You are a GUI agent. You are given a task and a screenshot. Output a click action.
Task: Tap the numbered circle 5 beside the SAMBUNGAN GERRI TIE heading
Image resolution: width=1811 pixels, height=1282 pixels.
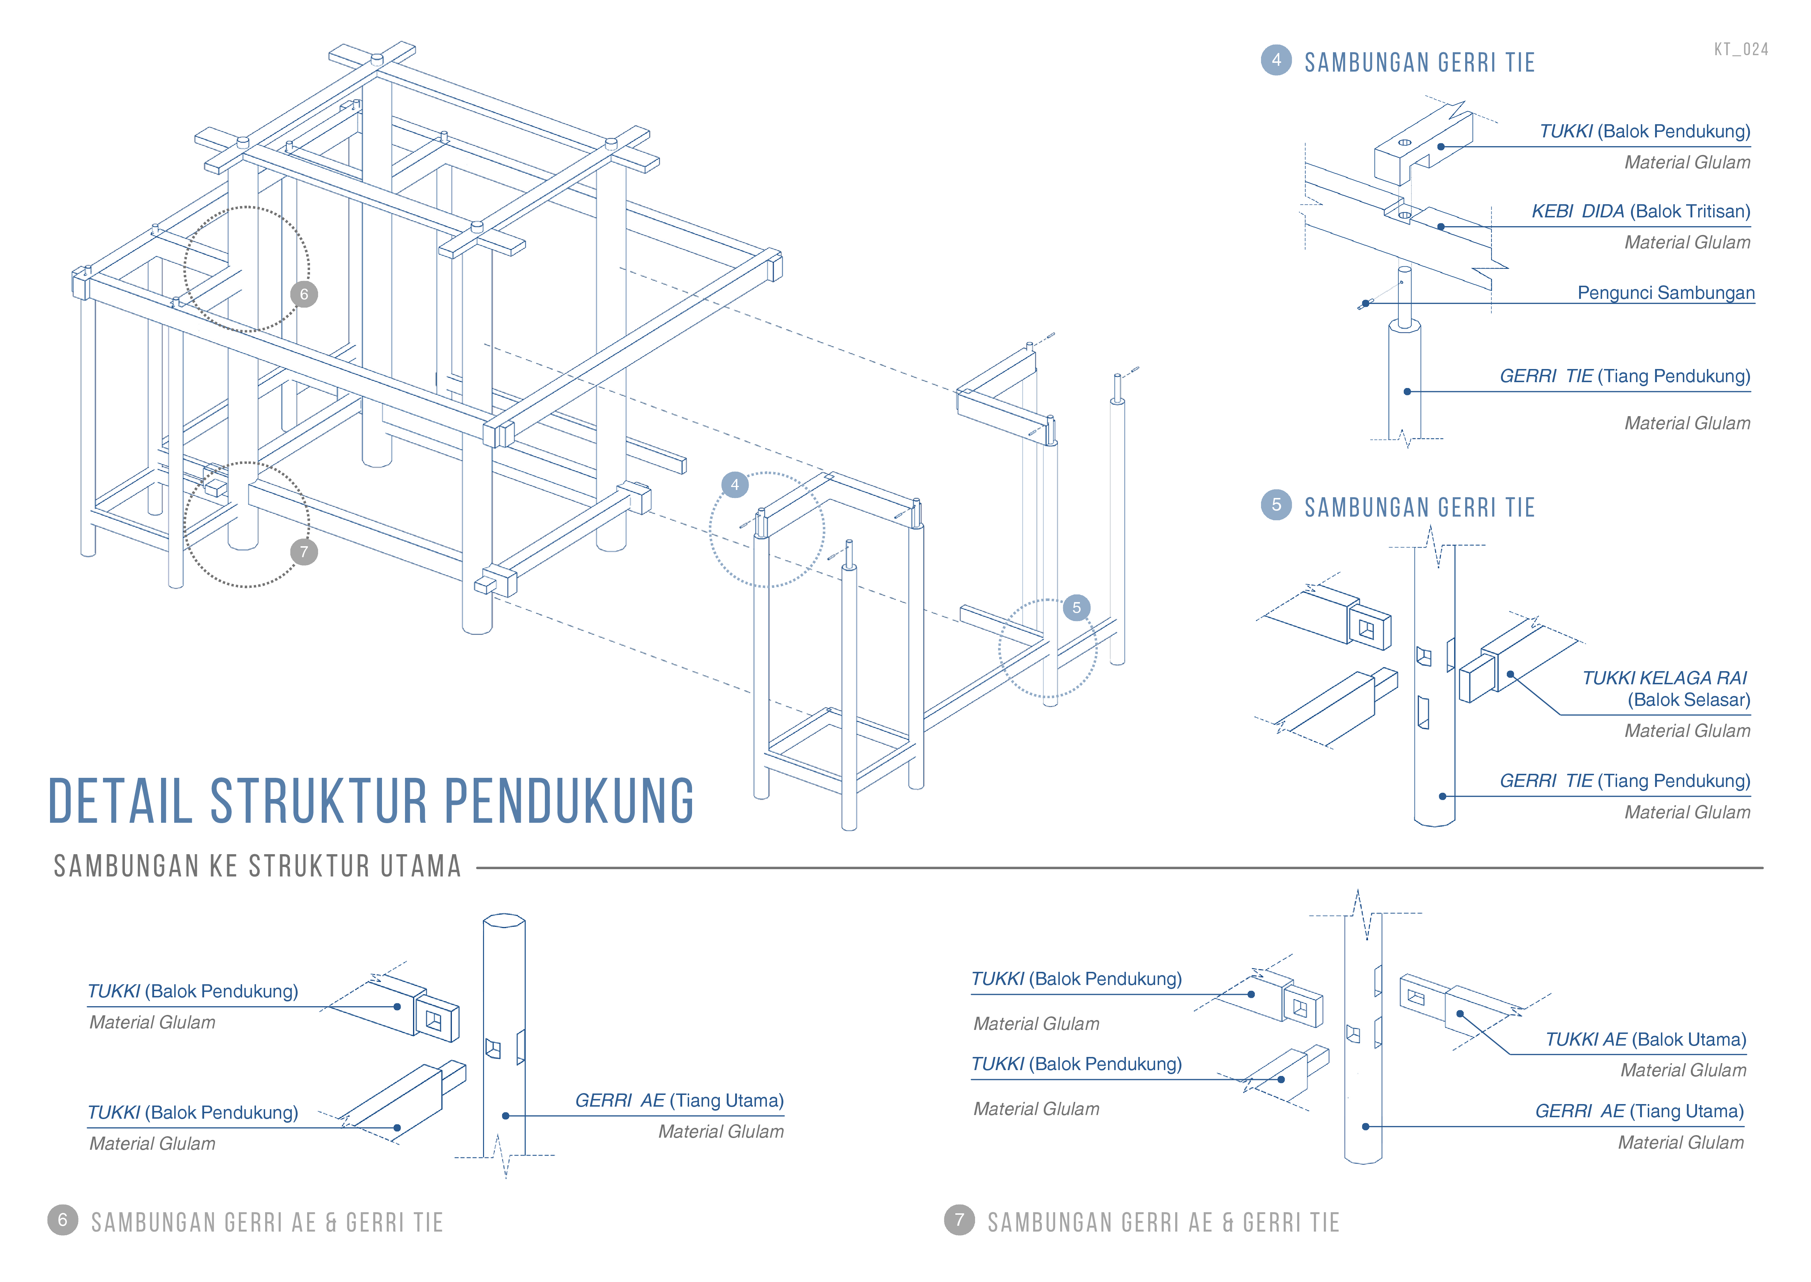1276,505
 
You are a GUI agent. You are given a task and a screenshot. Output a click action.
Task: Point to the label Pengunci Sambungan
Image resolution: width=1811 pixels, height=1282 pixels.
1666,293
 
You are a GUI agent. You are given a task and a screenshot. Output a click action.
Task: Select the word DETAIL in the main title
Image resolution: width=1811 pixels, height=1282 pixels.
120,802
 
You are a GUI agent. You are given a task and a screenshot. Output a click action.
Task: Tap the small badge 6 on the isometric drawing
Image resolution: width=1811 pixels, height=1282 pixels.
304,294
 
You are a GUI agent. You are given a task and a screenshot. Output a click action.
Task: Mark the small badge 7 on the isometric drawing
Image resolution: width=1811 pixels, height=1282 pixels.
304,552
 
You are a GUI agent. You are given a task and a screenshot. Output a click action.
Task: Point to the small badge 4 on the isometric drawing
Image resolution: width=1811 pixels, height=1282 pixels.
735,485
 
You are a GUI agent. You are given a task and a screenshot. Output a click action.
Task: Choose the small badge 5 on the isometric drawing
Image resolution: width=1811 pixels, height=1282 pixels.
1076,608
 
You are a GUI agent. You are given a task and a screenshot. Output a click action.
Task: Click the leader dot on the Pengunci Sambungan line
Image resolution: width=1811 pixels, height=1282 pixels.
1365,303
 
